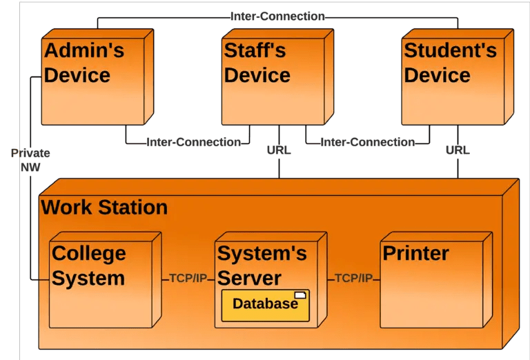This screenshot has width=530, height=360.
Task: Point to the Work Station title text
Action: click(x=104, y=207)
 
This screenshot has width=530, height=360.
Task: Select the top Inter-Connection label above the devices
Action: click(x=277, y=16)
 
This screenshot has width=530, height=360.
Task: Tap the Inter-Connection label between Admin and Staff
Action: click(x=193, y=143)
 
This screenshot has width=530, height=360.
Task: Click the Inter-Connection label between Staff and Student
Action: click(x=369, y=143)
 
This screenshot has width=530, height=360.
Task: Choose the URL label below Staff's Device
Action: click(x=279, y=150)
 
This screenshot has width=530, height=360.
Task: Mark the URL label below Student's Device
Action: click(x=458, y=150)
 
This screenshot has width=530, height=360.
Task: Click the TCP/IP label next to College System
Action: click(x=188, y=279)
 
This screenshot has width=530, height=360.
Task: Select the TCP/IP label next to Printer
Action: click(x=353, y=279)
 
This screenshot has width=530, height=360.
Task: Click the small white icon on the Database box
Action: click(x=300, y=295)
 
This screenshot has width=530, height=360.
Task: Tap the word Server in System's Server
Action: click(x=249, y=278)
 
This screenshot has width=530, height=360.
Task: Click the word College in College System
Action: click(x=89, y=253)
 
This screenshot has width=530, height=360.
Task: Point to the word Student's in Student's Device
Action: click(x=450, y=50)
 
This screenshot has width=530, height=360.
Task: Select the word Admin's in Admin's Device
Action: click(x=84, y=50)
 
